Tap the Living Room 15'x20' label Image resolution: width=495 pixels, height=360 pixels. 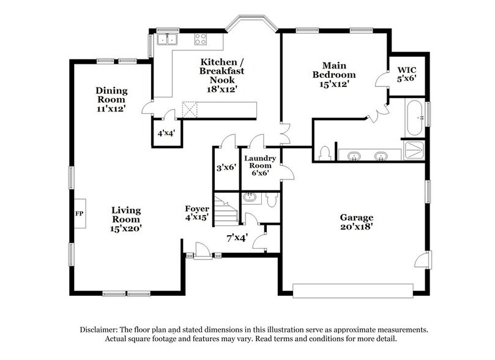coord(126,219)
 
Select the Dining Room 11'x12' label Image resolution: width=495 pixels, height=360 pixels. coord(111,99)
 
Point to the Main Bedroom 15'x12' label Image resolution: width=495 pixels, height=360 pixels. coord(334,75)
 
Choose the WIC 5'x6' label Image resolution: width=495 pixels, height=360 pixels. coord(407,74)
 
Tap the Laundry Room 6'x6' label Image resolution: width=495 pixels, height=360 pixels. coord(260,165)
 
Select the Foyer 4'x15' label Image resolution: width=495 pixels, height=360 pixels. coord(197,212)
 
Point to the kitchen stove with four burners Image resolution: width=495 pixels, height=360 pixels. coord(201,40)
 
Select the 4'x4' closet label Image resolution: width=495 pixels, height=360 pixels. coord(166,133)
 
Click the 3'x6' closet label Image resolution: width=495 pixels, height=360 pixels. coord(226,167)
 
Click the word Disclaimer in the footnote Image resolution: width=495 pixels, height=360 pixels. coord(101,329)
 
